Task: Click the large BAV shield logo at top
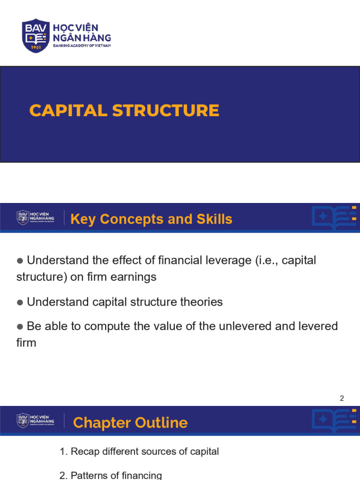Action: point(36,36)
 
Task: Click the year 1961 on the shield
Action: point(36,47)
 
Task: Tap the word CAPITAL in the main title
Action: point(68,111)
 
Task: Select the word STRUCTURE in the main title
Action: point(165,111)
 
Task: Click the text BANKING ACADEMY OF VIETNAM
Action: point(82,45)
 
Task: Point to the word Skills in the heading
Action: point(214,219)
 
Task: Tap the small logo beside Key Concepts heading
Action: point(36,217)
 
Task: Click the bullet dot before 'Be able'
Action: point(20,327)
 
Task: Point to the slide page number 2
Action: point(342,398)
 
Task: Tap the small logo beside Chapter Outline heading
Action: point(36,420)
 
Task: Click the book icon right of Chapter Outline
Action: point(334,420)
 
